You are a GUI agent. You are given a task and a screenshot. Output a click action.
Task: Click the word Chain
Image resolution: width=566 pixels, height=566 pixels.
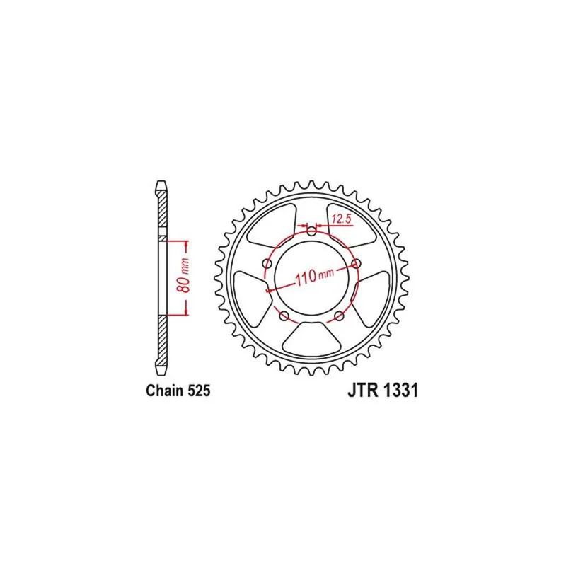[x=165, y=391]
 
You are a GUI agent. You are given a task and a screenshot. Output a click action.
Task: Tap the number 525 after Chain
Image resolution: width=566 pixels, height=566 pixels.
[x=199, y=391]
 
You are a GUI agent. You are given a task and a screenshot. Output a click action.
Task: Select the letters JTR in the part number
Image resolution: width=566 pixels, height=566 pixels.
[x=363, y=391]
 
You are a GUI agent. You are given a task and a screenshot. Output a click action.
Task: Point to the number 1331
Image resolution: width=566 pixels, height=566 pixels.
[x=400, y=391]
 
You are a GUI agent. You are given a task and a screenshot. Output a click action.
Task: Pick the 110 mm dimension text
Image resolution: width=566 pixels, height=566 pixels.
[x=314, y=276]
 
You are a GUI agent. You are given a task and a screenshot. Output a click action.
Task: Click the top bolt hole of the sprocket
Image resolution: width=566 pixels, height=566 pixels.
[x=311, y=231]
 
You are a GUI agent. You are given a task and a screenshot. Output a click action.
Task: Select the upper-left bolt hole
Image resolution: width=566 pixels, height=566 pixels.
[x=268, y=262]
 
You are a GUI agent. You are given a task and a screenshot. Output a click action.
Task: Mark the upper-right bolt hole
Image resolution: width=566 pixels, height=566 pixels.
[x=356, y=263]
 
